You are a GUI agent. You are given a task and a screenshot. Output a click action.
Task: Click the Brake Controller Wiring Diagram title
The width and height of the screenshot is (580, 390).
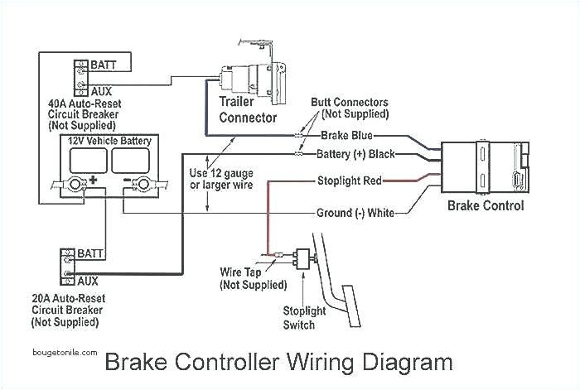click(278, 363)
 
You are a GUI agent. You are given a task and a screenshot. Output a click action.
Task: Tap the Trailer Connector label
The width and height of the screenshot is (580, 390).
click(247, 110)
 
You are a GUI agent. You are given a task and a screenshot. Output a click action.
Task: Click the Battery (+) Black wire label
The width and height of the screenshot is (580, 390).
click(356, 154)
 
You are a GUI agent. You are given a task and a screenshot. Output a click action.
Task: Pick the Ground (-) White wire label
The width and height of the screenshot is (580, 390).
click(355, 213)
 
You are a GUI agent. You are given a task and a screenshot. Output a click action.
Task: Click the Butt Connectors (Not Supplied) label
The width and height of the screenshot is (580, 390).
click(349, 108)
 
